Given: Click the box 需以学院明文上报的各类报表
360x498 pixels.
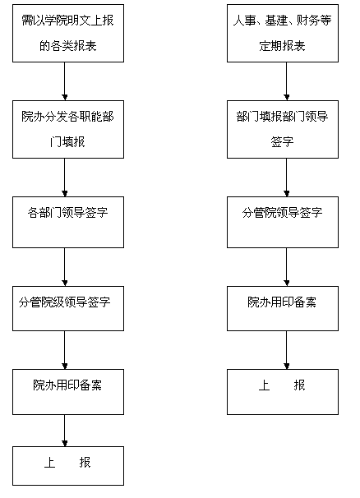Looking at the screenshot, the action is coord(68,33).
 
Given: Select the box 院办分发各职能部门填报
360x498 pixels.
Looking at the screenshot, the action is coord(68,129).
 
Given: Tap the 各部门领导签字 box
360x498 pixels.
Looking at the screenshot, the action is coord(68,222).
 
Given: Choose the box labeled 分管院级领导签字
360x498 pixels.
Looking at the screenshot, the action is coord(68,308).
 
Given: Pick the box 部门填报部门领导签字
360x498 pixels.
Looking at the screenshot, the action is coord(283,129).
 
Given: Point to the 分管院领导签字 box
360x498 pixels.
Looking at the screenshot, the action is coord(283,222).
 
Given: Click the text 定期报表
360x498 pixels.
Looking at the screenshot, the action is coord(282,46).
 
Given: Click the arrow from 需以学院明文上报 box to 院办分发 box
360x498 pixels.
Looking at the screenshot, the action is coord(64,81).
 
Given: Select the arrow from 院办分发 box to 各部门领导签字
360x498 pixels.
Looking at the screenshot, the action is coord(64,178).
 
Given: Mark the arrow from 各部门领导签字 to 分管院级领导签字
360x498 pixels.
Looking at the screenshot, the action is coord(64,267).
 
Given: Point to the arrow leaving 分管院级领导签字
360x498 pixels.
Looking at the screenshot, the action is coord(64,350).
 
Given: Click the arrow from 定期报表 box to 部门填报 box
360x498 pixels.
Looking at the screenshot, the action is coord(286,81).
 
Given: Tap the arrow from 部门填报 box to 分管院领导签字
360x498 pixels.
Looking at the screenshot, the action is coord(286,178).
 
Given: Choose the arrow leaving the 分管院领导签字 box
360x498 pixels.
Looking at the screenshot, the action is coord(286,267).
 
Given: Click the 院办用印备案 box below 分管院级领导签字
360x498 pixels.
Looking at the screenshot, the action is coord(68,392).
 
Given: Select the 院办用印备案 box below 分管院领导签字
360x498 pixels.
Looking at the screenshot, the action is coord(283,308).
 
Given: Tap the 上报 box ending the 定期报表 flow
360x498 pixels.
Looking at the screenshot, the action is coord(283,392).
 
